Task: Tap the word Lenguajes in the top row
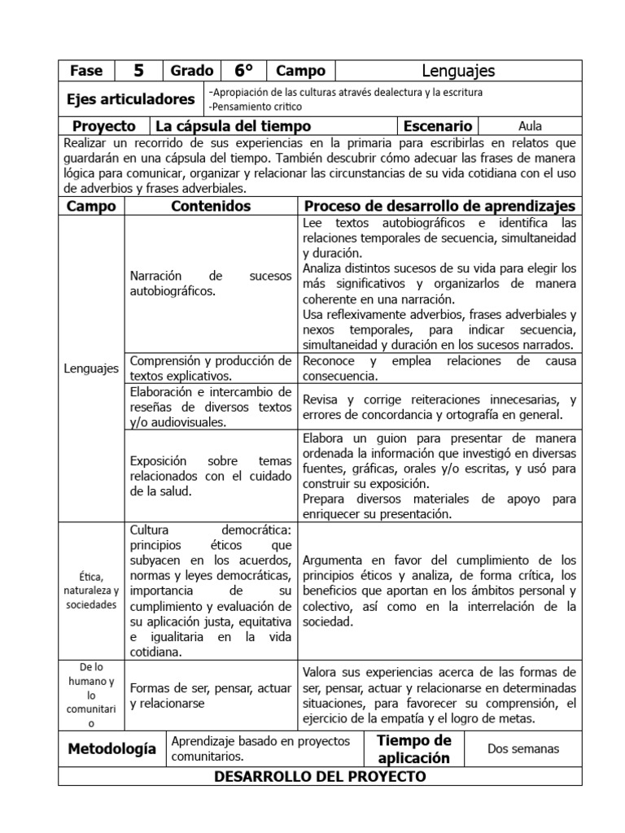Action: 458,71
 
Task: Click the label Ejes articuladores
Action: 130,99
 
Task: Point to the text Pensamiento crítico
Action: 256,107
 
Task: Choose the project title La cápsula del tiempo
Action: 233,126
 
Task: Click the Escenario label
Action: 437,126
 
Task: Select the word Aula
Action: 529,126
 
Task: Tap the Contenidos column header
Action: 211,207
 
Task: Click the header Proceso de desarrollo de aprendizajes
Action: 439,207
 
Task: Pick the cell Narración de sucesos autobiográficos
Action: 211,283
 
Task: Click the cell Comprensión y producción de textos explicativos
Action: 211,368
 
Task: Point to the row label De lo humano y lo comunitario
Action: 90,695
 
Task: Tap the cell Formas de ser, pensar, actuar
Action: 211,696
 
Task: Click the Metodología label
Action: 111,748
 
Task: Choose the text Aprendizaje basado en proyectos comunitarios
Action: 260,748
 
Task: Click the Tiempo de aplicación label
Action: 413,748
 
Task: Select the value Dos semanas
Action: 523,748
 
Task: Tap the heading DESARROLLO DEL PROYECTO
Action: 320,776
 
